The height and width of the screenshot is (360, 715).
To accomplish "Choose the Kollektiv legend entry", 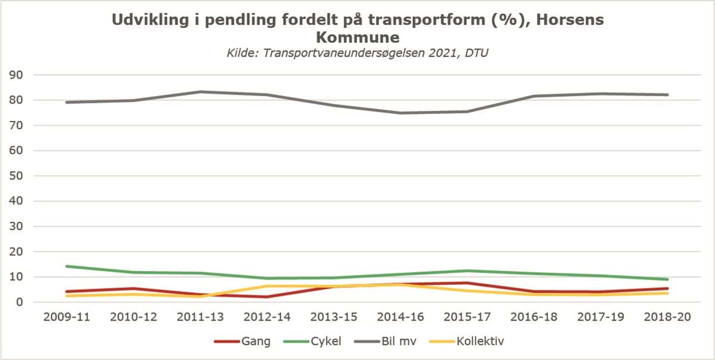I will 481,342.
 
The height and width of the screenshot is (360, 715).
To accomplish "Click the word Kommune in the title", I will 357,38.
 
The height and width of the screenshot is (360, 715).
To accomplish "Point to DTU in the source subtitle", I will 477,54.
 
